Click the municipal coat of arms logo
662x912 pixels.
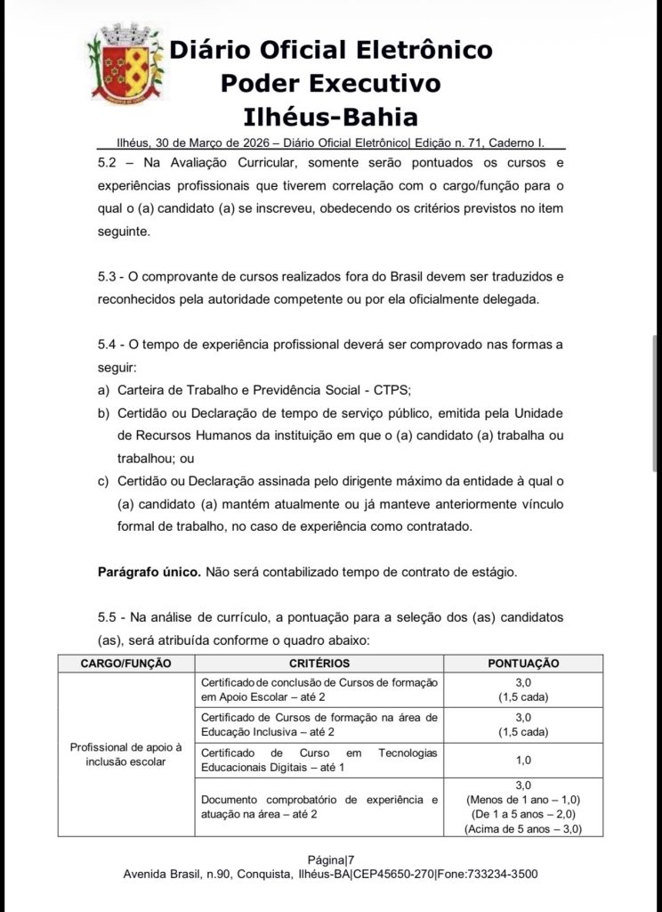point(125,67)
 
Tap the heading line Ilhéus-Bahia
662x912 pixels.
point(330,118)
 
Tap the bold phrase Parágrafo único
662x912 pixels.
point(149,571)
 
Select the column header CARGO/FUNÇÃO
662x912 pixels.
point(125,664)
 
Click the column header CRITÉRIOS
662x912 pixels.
point(319,664)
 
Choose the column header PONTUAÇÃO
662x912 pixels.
point(523,664)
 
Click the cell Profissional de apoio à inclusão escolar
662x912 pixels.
point(125,754)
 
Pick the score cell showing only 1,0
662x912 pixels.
point(523,760)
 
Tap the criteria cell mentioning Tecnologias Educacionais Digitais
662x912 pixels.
point(319,760)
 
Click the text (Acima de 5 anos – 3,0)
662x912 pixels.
point(523,829)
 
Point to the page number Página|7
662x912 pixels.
point(330,859)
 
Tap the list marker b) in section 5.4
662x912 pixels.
point(103,413)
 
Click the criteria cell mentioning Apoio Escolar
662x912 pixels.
point(319,688)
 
